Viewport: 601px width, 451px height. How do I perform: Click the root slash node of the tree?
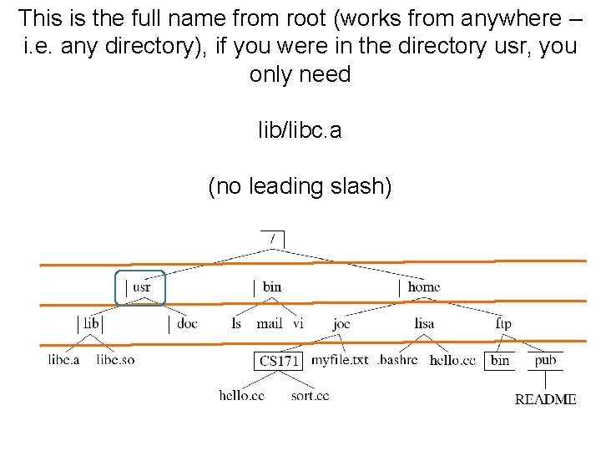click(273, 238)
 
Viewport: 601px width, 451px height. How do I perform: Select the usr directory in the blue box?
click(141, 287)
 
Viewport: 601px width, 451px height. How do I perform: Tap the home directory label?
click(423, 287)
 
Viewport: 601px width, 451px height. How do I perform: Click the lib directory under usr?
click(92, 323)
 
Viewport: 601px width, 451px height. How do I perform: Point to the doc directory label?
click(188, 323)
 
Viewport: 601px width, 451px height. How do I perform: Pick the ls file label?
click(236, 323)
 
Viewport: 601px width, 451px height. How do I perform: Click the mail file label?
click(270, 323)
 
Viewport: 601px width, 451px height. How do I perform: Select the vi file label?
click(298, 323)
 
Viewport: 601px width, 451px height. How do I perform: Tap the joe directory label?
click(341, 323)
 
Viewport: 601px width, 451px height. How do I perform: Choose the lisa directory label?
click(424, 323)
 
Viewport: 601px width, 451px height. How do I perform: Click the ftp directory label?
click(503, 323)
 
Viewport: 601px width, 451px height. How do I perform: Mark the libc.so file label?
click(115, 360)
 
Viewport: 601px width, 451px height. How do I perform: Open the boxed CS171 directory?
click(278, 361)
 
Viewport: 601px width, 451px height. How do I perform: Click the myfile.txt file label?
click(339, 360)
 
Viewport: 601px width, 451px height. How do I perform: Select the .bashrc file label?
click(397, 360)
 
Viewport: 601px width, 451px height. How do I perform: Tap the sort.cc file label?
click(310, 395)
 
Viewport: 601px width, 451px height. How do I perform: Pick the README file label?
click(545, 399)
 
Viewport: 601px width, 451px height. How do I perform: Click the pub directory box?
click(545, 360)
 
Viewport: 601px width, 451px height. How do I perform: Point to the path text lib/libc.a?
click(300, 131)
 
